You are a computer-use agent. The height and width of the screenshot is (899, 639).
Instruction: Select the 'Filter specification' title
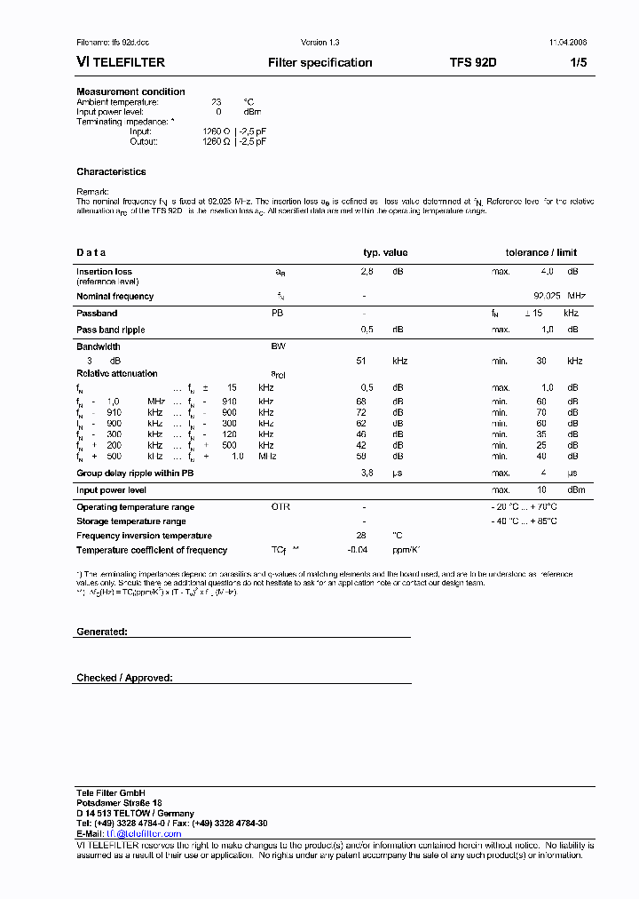[319, 63]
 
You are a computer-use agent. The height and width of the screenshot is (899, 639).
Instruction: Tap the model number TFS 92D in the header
[473, 63]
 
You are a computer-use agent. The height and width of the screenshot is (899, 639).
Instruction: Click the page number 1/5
[578, 63]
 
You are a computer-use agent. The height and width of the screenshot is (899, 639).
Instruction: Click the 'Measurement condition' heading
[130, 91]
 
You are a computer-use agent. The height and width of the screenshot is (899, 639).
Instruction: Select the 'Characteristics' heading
[111, 172]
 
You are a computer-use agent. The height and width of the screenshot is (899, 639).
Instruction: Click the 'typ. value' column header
[385, 252]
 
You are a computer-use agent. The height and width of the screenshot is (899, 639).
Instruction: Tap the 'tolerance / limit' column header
[541, 252]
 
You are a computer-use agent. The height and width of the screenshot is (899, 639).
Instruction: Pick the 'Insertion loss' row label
[104, 272]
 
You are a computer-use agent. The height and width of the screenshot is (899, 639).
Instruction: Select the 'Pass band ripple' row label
[110, 330]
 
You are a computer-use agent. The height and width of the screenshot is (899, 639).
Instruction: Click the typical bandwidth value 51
[360, 361]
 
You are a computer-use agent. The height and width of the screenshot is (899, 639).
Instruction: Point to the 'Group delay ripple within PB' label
[135, 473]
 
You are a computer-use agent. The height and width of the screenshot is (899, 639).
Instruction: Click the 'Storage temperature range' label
[131, 521]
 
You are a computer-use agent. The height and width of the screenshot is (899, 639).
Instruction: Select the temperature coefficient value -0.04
[359, 550]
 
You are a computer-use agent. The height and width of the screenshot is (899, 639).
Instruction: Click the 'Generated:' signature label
[102, 632]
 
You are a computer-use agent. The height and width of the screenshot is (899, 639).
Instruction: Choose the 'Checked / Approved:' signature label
[124, 678]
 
